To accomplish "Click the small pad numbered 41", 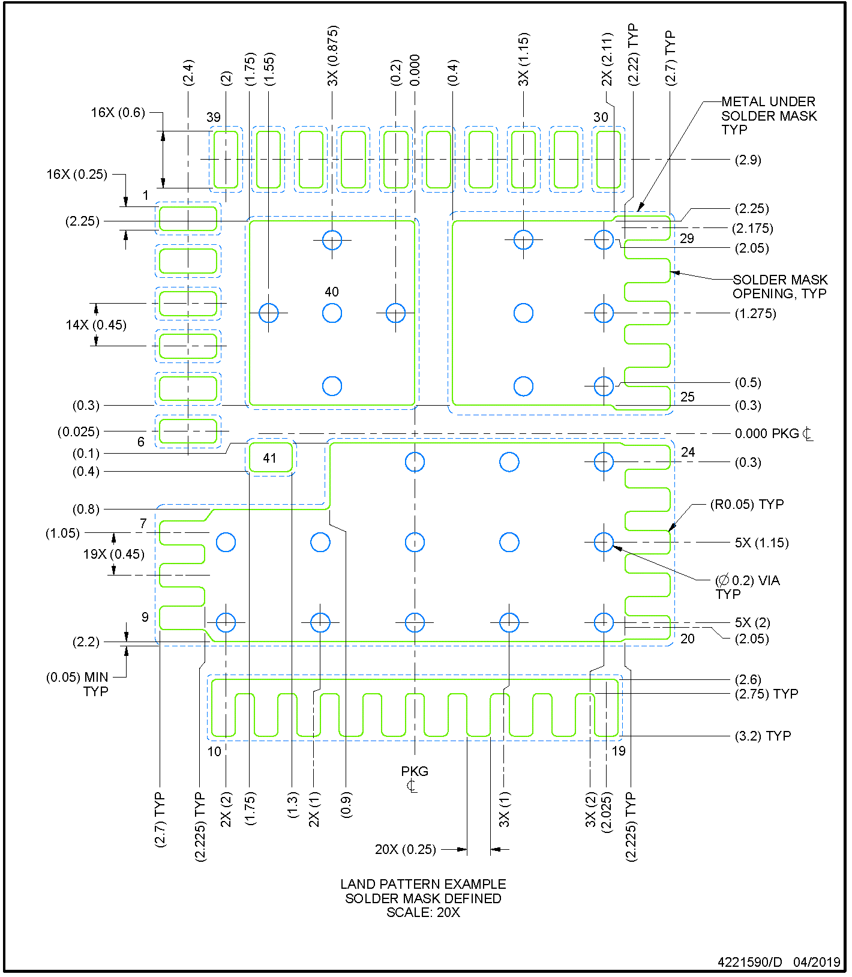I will click(x=270, y=458).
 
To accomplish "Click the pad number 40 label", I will click(x=332, y=292).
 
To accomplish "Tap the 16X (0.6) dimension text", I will click(x=118, y=112).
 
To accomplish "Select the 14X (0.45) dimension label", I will click(x=96, y=325).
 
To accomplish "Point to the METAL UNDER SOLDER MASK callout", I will click(x=769, y=115).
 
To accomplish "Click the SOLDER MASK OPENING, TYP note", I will click(x=779, y=286).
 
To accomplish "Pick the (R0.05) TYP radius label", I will click(x=746, y=504).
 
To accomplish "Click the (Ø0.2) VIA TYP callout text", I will click(x=747, y=586).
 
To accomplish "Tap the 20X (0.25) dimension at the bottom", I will click(x=406, y=849).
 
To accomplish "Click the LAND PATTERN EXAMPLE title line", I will click(x=423, y=884).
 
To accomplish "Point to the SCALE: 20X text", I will click(x=423, y=912).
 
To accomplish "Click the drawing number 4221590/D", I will click(x=750, y=962).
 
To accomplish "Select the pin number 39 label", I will click(x=214, y=117).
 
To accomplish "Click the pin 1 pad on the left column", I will click(x=188, y=218).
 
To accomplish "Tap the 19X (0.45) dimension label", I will click(x=114, y=554).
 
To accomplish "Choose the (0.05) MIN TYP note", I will click(x=77, y=684).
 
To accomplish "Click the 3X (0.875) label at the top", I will click(x=333, y=55).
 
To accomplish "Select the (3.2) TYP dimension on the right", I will click(x=763, y=736).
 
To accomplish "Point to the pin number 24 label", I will click(x=688, y=452).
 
